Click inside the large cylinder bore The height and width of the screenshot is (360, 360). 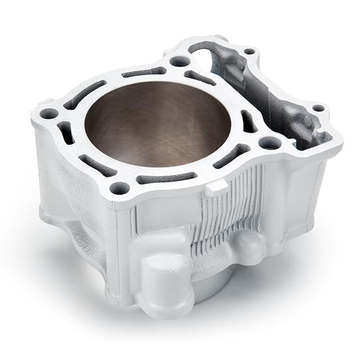pos(157,127)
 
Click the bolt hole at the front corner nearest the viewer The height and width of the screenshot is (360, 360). pos(119,188)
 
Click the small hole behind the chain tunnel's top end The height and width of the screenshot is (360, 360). pos(249,51)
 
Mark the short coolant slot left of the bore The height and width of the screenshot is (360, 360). pos(66,133)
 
